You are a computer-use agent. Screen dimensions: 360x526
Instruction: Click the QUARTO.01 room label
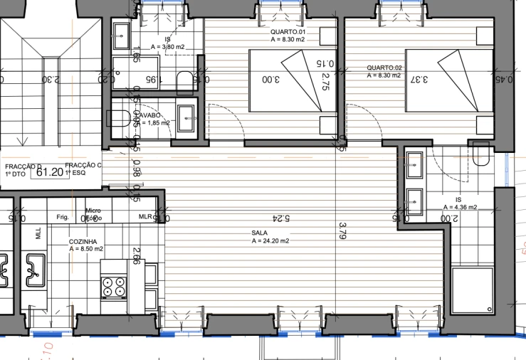click(288, 33)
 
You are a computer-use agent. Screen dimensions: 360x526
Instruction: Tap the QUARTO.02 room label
click(384, 68)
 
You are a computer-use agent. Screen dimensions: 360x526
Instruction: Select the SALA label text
click(259, 233)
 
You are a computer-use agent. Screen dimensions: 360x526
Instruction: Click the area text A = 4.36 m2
click(460, 208)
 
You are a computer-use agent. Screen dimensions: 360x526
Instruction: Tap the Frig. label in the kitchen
click(63, 217)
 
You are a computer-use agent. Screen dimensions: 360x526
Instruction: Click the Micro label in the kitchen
click(93, 211)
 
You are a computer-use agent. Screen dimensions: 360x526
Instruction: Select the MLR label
click(145, 217)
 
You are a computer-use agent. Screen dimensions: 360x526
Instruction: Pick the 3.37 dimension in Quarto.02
click(420, 80)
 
